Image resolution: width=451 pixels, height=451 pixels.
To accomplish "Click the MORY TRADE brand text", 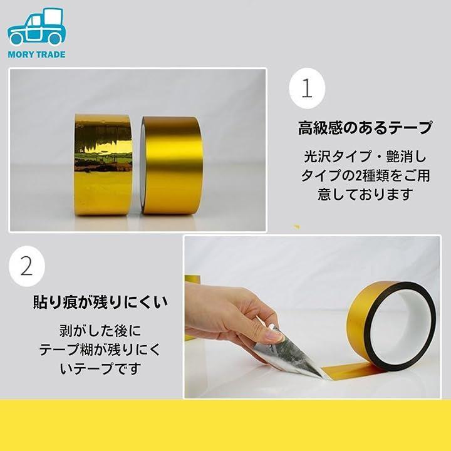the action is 36,54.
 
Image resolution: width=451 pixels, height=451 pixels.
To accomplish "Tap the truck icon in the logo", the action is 36,26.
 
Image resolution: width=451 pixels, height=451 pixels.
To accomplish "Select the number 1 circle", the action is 307,88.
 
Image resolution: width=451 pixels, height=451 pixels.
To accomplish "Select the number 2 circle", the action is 27,266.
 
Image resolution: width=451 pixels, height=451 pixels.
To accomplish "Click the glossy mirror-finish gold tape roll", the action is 103,165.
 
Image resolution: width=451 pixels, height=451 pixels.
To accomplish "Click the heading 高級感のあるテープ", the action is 365,128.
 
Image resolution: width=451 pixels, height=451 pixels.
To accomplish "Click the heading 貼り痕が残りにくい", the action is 100,302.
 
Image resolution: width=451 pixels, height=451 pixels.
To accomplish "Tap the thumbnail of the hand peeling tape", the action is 312,317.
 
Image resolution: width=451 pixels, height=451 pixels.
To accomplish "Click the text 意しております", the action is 365,194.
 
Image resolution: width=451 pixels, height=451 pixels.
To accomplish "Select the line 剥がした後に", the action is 100,331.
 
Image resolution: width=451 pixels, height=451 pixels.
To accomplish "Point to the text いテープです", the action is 100,369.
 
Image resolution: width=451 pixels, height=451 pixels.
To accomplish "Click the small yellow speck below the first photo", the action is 296,227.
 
